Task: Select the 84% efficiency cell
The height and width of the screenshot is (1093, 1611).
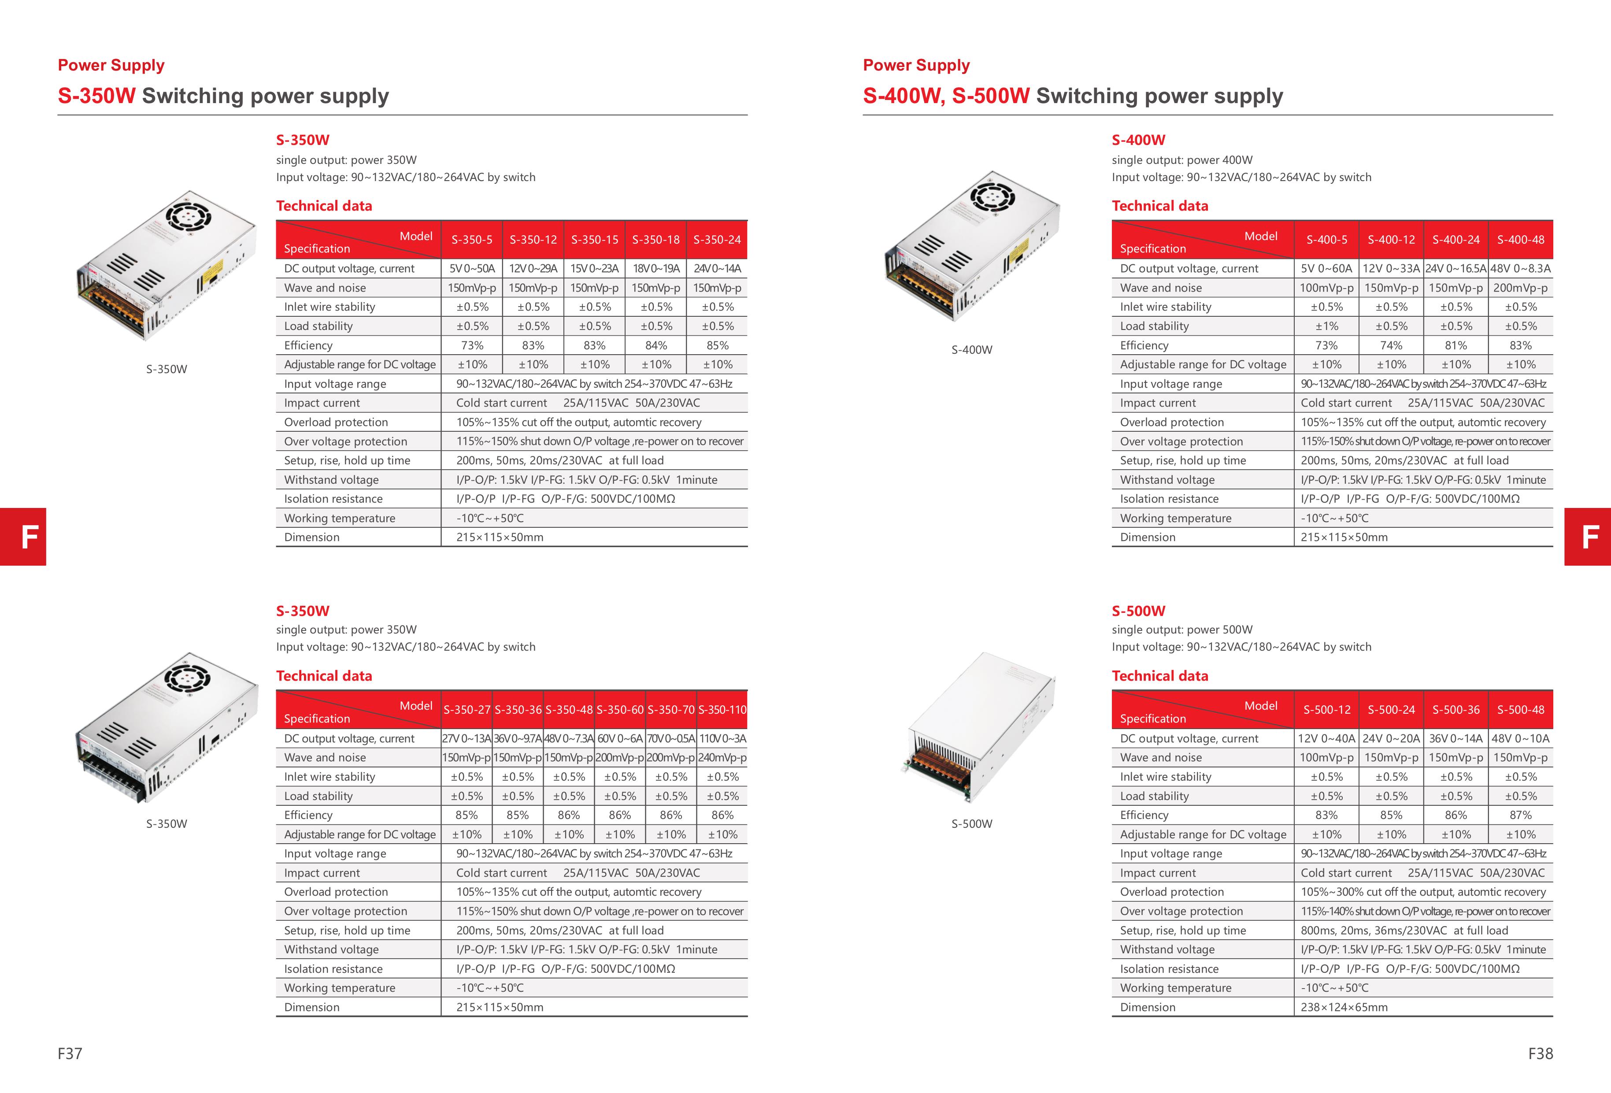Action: pyautogui.click(x=656, y=345)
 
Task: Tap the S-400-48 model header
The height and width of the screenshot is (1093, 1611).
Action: pyautogui.click(x=1520, y=240)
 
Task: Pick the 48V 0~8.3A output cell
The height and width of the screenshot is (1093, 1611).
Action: pyautogui.click(x=1520, y=269)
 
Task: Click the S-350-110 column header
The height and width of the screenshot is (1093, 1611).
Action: pyautogui.click(x=722, y=710)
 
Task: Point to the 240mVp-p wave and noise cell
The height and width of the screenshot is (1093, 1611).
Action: pyautogui.click(x=722, y=758)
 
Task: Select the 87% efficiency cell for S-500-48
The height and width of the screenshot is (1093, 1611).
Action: pyautogui.click(x=1520, y=815)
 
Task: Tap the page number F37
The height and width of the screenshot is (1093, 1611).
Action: pyautogui.click(x=70, y=1053)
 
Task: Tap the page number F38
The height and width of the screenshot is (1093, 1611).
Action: pyautogui.click(x=1540, y=1053)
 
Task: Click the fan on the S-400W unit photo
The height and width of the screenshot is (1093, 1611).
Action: pyautogui.click(x=992, y=196)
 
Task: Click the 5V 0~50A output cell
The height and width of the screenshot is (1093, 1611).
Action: pyautogui.click(x=472, y=269)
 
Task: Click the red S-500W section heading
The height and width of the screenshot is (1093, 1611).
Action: pyautogui.click(x=1138, y=611)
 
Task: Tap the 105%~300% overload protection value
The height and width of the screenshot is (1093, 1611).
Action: pyautogui.click(x=1422, y=892)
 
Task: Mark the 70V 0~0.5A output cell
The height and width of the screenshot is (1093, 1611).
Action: pyautogui.click(x=670, y=739)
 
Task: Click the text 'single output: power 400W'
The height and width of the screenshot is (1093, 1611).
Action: pyautogui.click(x=1182, y=160)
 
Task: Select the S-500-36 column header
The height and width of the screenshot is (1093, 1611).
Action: pyautogui.click(x=1456, y=710)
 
